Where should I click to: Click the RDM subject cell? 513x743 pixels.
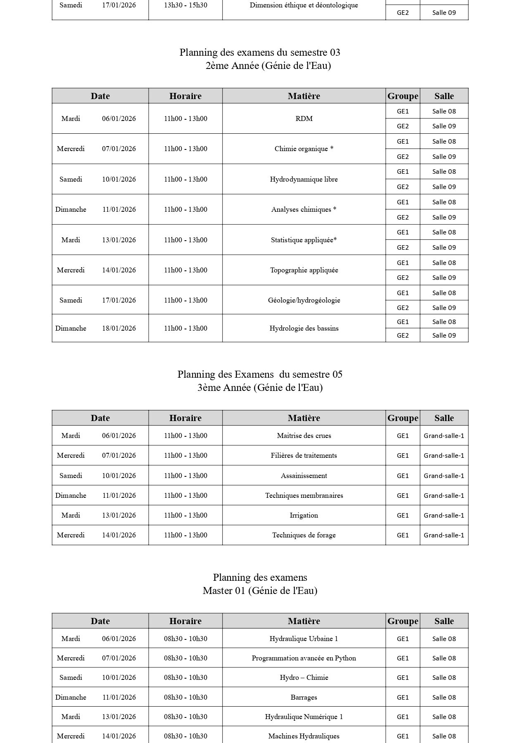click(x=304, y=118)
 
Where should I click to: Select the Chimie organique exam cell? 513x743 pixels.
click(x=304, y=149)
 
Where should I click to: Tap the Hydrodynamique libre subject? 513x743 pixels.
click(x=304, y=179)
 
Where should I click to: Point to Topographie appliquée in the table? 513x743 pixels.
click(x=304, y=270)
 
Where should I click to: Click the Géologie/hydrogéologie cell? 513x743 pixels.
click(x=304, y=300)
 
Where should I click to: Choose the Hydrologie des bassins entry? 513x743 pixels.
click(x=304, y=328)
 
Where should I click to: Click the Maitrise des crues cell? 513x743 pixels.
click(x=304, y=435)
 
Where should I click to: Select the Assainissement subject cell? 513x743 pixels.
click(x=304, y=476)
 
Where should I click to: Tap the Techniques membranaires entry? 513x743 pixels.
click(x=304, y=495)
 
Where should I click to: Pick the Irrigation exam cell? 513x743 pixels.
click(x=304, y=515)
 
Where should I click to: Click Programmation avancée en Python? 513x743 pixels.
click(x=304, y=658)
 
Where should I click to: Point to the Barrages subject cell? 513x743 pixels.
click(x=304, y=697)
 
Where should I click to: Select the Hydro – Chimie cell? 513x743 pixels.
click(x=304, y=677)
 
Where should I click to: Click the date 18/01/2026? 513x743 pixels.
click(x=119, y=328)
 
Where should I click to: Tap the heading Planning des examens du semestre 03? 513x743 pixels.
click(x=260, y=52)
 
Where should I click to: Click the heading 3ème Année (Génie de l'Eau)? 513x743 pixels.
click(x=260, y=388)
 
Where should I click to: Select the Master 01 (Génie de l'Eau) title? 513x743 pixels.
click(x=260, y=591)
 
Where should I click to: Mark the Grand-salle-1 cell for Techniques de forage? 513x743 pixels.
click(x=444, y=535)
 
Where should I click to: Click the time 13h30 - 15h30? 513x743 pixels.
click(x=185, y=5)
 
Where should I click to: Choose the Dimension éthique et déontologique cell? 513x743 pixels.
click(x=304, y=5)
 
